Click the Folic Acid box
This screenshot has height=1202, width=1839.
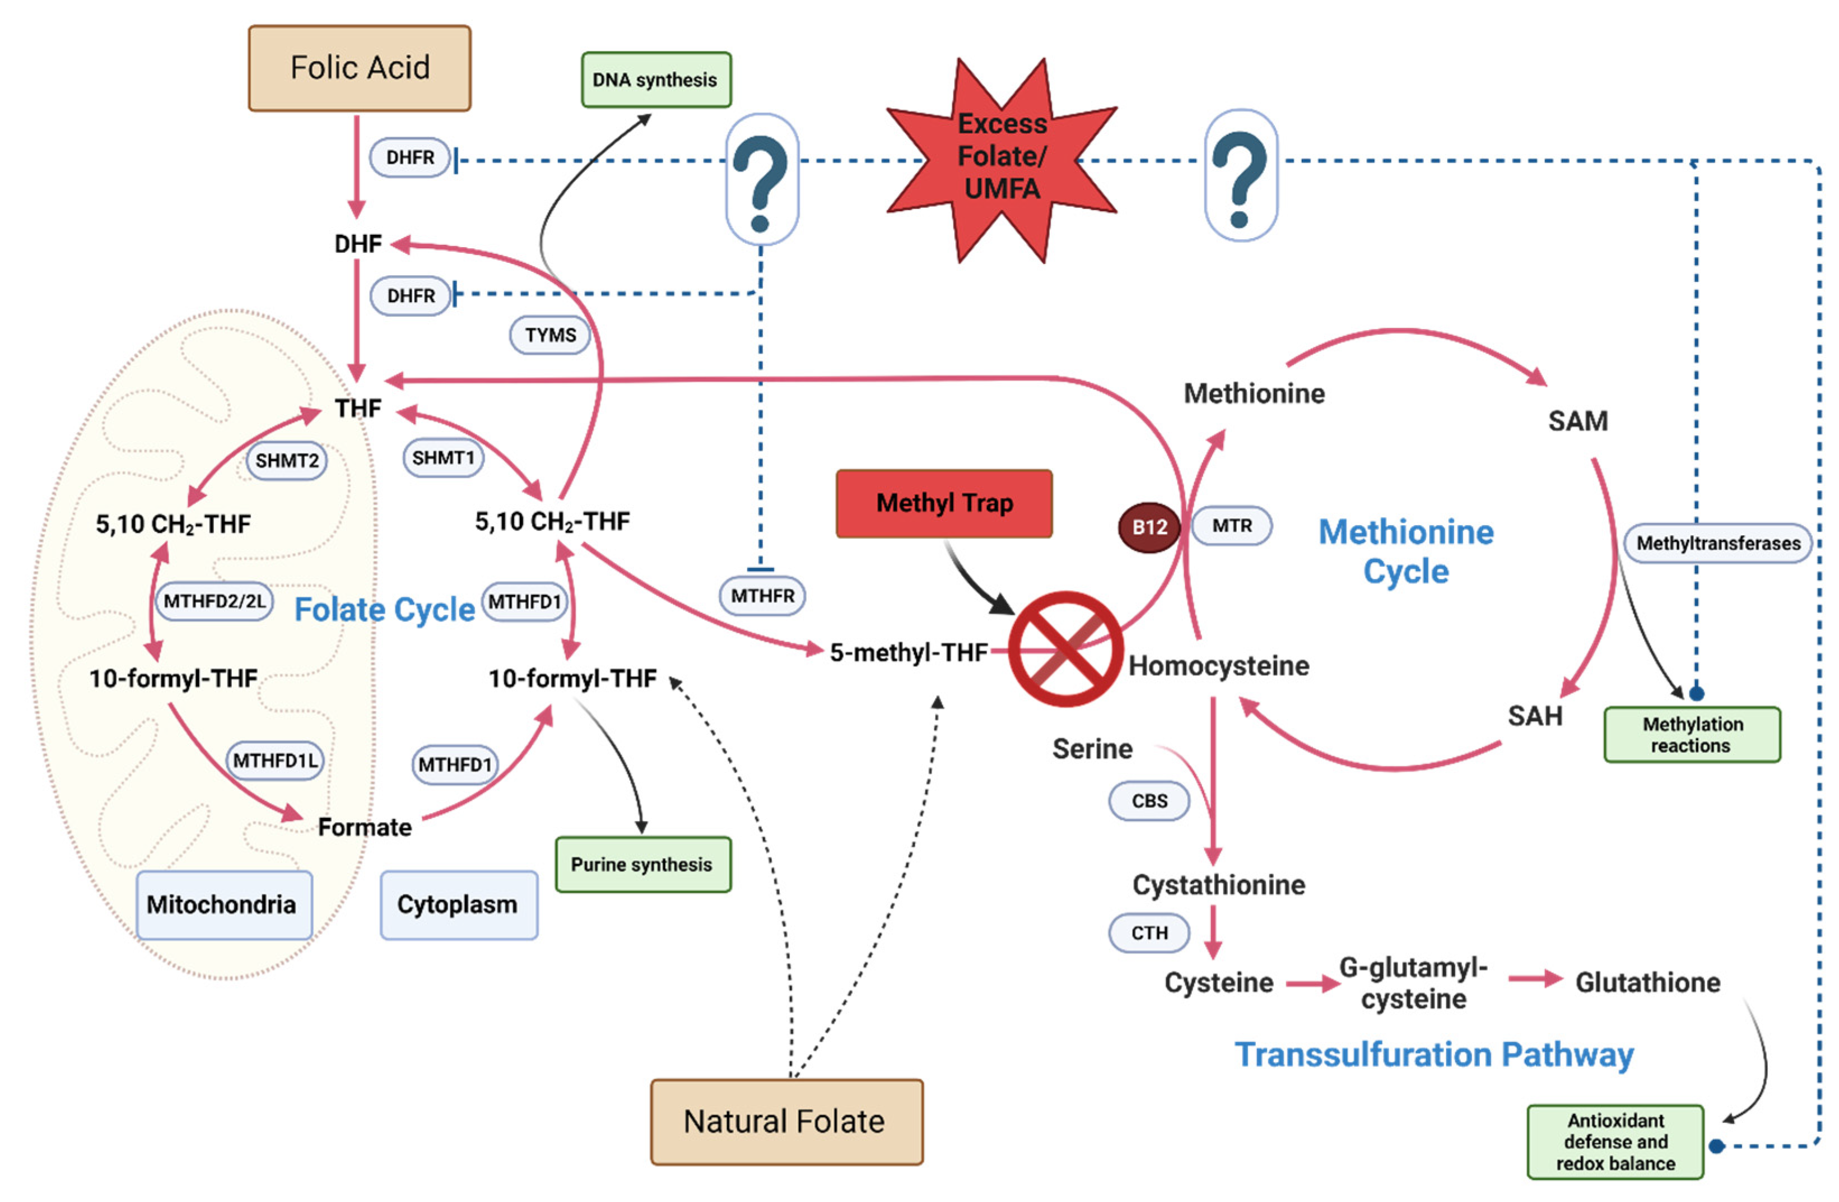tap(359, 68)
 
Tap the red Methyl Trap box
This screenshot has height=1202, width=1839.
tap(943, 503)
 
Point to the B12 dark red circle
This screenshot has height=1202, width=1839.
tap(1149, 527)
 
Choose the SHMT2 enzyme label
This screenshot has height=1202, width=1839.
tap(287, 461)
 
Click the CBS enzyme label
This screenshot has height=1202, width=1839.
tap(1149, 801)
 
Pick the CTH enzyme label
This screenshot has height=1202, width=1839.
tap(1149, 933)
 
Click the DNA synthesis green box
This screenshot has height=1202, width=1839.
tap(655, 80)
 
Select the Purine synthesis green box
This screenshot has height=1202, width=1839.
tap(642, 864)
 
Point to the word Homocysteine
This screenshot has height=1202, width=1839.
tap(1218, 666)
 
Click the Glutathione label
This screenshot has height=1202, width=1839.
tap(1647, 982)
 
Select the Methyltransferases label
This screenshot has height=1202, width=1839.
tap(1717, 544)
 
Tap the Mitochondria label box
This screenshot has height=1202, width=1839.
tap(222, 904)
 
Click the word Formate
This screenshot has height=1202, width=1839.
tap(365, 827)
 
